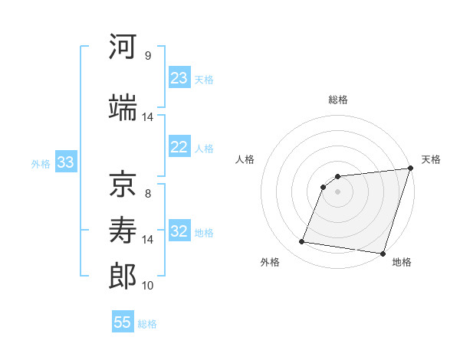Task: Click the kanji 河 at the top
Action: (x=123, y=47)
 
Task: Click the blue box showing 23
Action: (x=179, y=78)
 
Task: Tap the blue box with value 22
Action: (x=179, y=147)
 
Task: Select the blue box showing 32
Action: (x=179, y=231)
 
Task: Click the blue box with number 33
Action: (x=65, y=162)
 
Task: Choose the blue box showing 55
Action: (x=123, y=322)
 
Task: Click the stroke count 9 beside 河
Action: (x=148, y=55)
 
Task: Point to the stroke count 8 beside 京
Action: (x=148, y=193)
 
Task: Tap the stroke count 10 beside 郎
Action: (x=148, y=285)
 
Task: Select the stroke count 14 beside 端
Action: (x=148, y=116)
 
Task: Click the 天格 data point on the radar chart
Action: (x=409, y=169)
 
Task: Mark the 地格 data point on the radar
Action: (x=382, y=254)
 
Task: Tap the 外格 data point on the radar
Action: (x=302, y=242)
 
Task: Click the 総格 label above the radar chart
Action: (x=337, y=100)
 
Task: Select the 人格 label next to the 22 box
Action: (x=204, y=148)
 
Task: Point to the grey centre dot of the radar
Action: (x=337, y=192)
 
